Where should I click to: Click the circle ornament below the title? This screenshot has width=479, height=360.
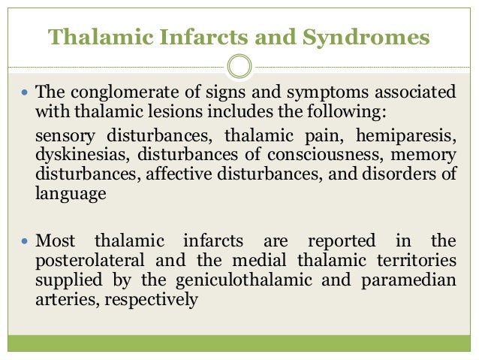(x=239, y=67)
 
